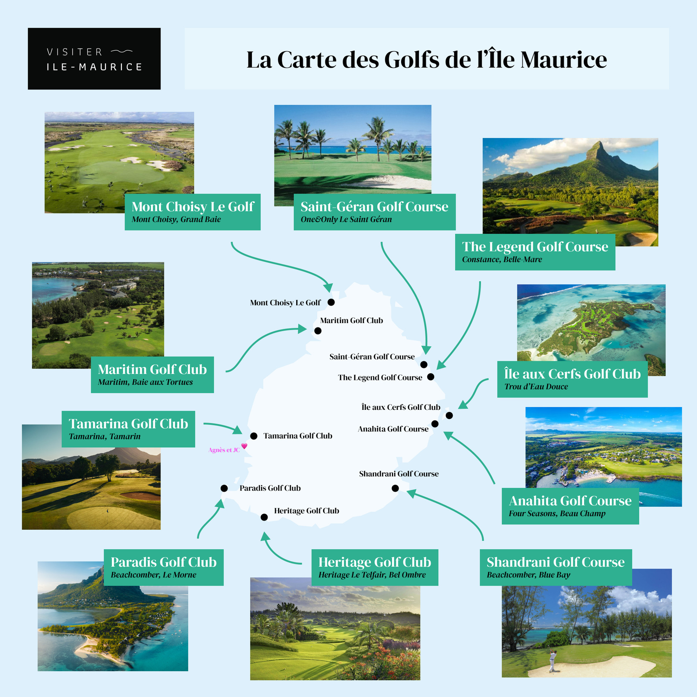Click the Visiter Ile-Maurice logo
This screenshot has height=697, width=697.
pos(94,58)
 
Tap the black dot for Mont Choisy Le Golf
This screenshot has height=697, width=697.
pos(331,302)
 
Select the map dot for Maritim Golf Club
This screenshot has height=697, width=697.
pos(318,331)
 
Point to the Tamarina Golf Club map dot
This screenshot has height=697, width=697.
pos(254,436)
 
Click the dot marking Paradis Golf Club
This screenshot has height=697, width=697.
pos(224,488)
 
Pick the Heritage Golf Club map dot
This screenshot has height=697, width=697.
pos(264,517)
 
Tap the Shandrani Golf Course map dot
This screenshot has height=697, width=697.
pos(395,488)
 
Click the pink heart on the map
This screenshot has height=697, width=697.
pos(244,446)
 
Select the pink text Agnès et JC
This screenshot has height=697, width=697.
pos(224,450)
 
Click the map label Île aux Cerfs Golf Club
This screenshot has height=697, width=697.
pos(401,407)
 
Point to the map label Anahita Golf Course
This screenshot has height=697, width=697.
pos(393,429)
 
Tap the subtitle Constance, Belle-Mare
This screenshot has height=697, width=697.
pos(502,260)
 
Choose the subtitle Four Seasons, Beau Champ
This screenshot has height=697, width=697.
pos(557,514)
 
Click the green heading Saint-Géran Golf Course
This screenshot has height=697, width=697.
pos(374,207)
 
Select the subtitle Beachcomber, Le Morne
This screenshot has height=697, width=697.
pos(153,575)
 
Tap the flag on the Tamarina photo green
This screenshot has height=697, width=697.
pos(107,511)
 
